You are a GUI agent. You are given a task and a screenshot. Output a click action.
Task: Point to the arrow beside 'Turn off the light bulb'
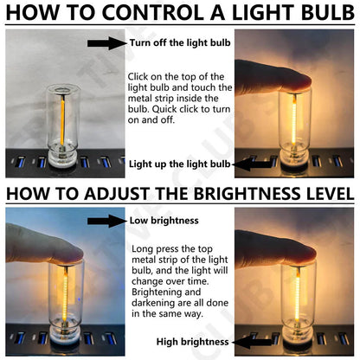point(106,42)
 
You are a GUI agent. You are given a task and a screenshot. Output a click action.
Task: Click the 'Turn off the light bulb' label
point(179,42)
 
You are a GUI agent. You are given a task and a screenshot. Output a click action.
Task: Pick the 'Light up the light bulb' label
point(179,163)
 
